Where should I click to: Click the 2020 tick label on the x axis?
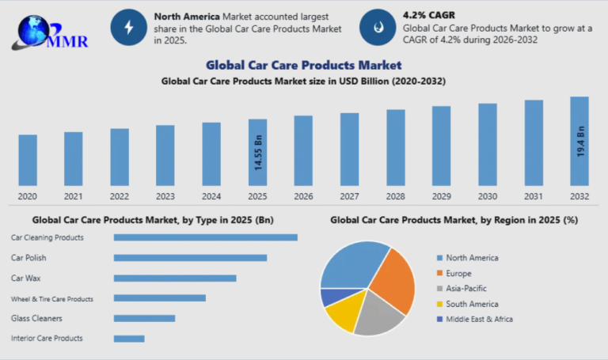28,196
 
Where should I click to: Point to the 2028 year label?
395,196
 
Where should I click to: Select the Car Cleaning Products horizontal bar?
205,237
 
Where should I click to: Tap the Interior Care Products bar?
129,339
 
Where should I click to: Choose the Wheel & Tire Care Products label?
52,299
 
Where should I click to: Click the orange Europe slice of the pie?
394,282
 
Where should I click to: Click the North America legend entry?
472,258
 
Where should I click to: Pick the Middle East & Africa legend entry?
479,319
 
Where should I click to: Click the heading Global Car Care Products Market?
303,65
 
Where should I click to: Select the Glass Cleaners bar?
144,319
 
